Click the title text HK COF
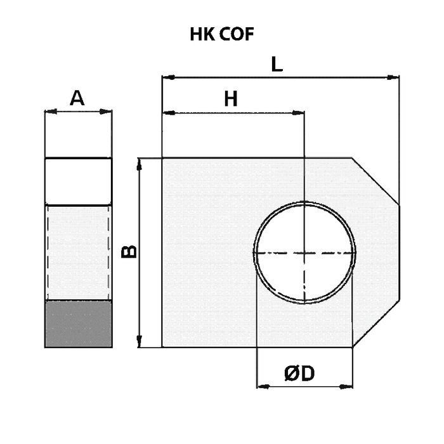click(222, 34)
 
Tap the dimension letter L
click(277, 64)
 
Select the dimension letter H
click(231, 99)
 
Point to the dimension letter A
click(77, 98)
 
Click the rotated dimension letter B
click(129, 252)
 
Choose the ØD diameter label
click(299, 373)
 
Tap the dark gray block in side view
click(79, 324)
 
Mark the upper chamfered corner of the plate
click(375, 181)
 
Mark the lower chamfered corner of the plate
click(376, 323)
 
